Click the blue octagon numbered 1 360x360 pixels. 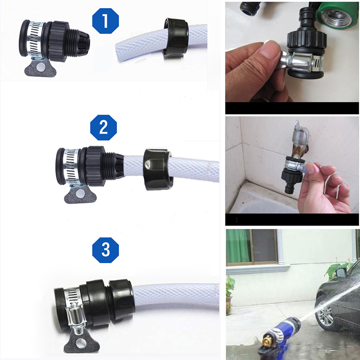106,21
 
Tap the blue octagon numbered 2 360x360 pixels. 103,127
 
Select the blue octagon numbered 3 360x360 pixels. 106,250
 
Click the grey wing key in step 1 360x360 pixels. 40,68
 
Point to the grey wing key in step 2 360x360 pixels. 80,194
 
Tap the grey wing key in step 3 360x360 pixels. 82,342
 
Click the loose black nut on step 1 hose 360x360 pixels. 176,38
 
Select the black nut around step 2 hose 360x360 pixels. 158,169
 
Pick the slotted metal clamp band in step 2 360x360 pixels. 72,167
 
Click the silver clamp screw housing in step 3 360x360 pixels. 76,317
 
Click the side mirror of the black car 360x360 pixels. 340,273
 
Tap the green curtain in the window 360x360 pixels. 238,246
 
